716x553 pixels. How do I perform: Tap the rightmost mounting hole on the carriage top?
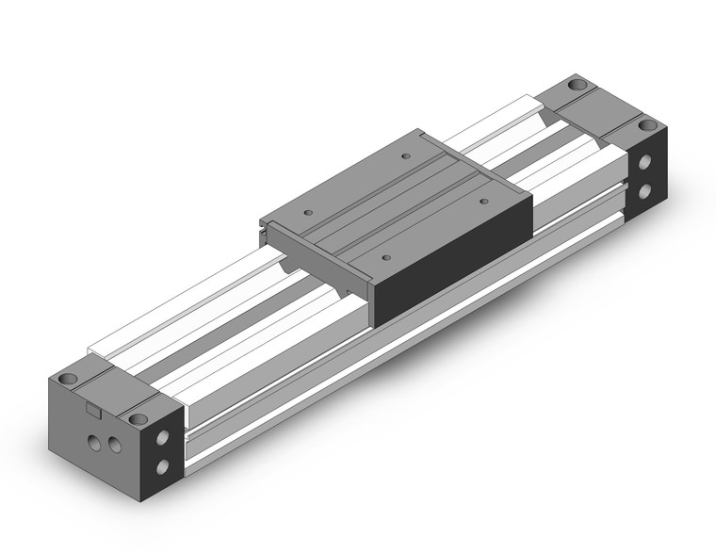pyautogui.click(x=483, y=201)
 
